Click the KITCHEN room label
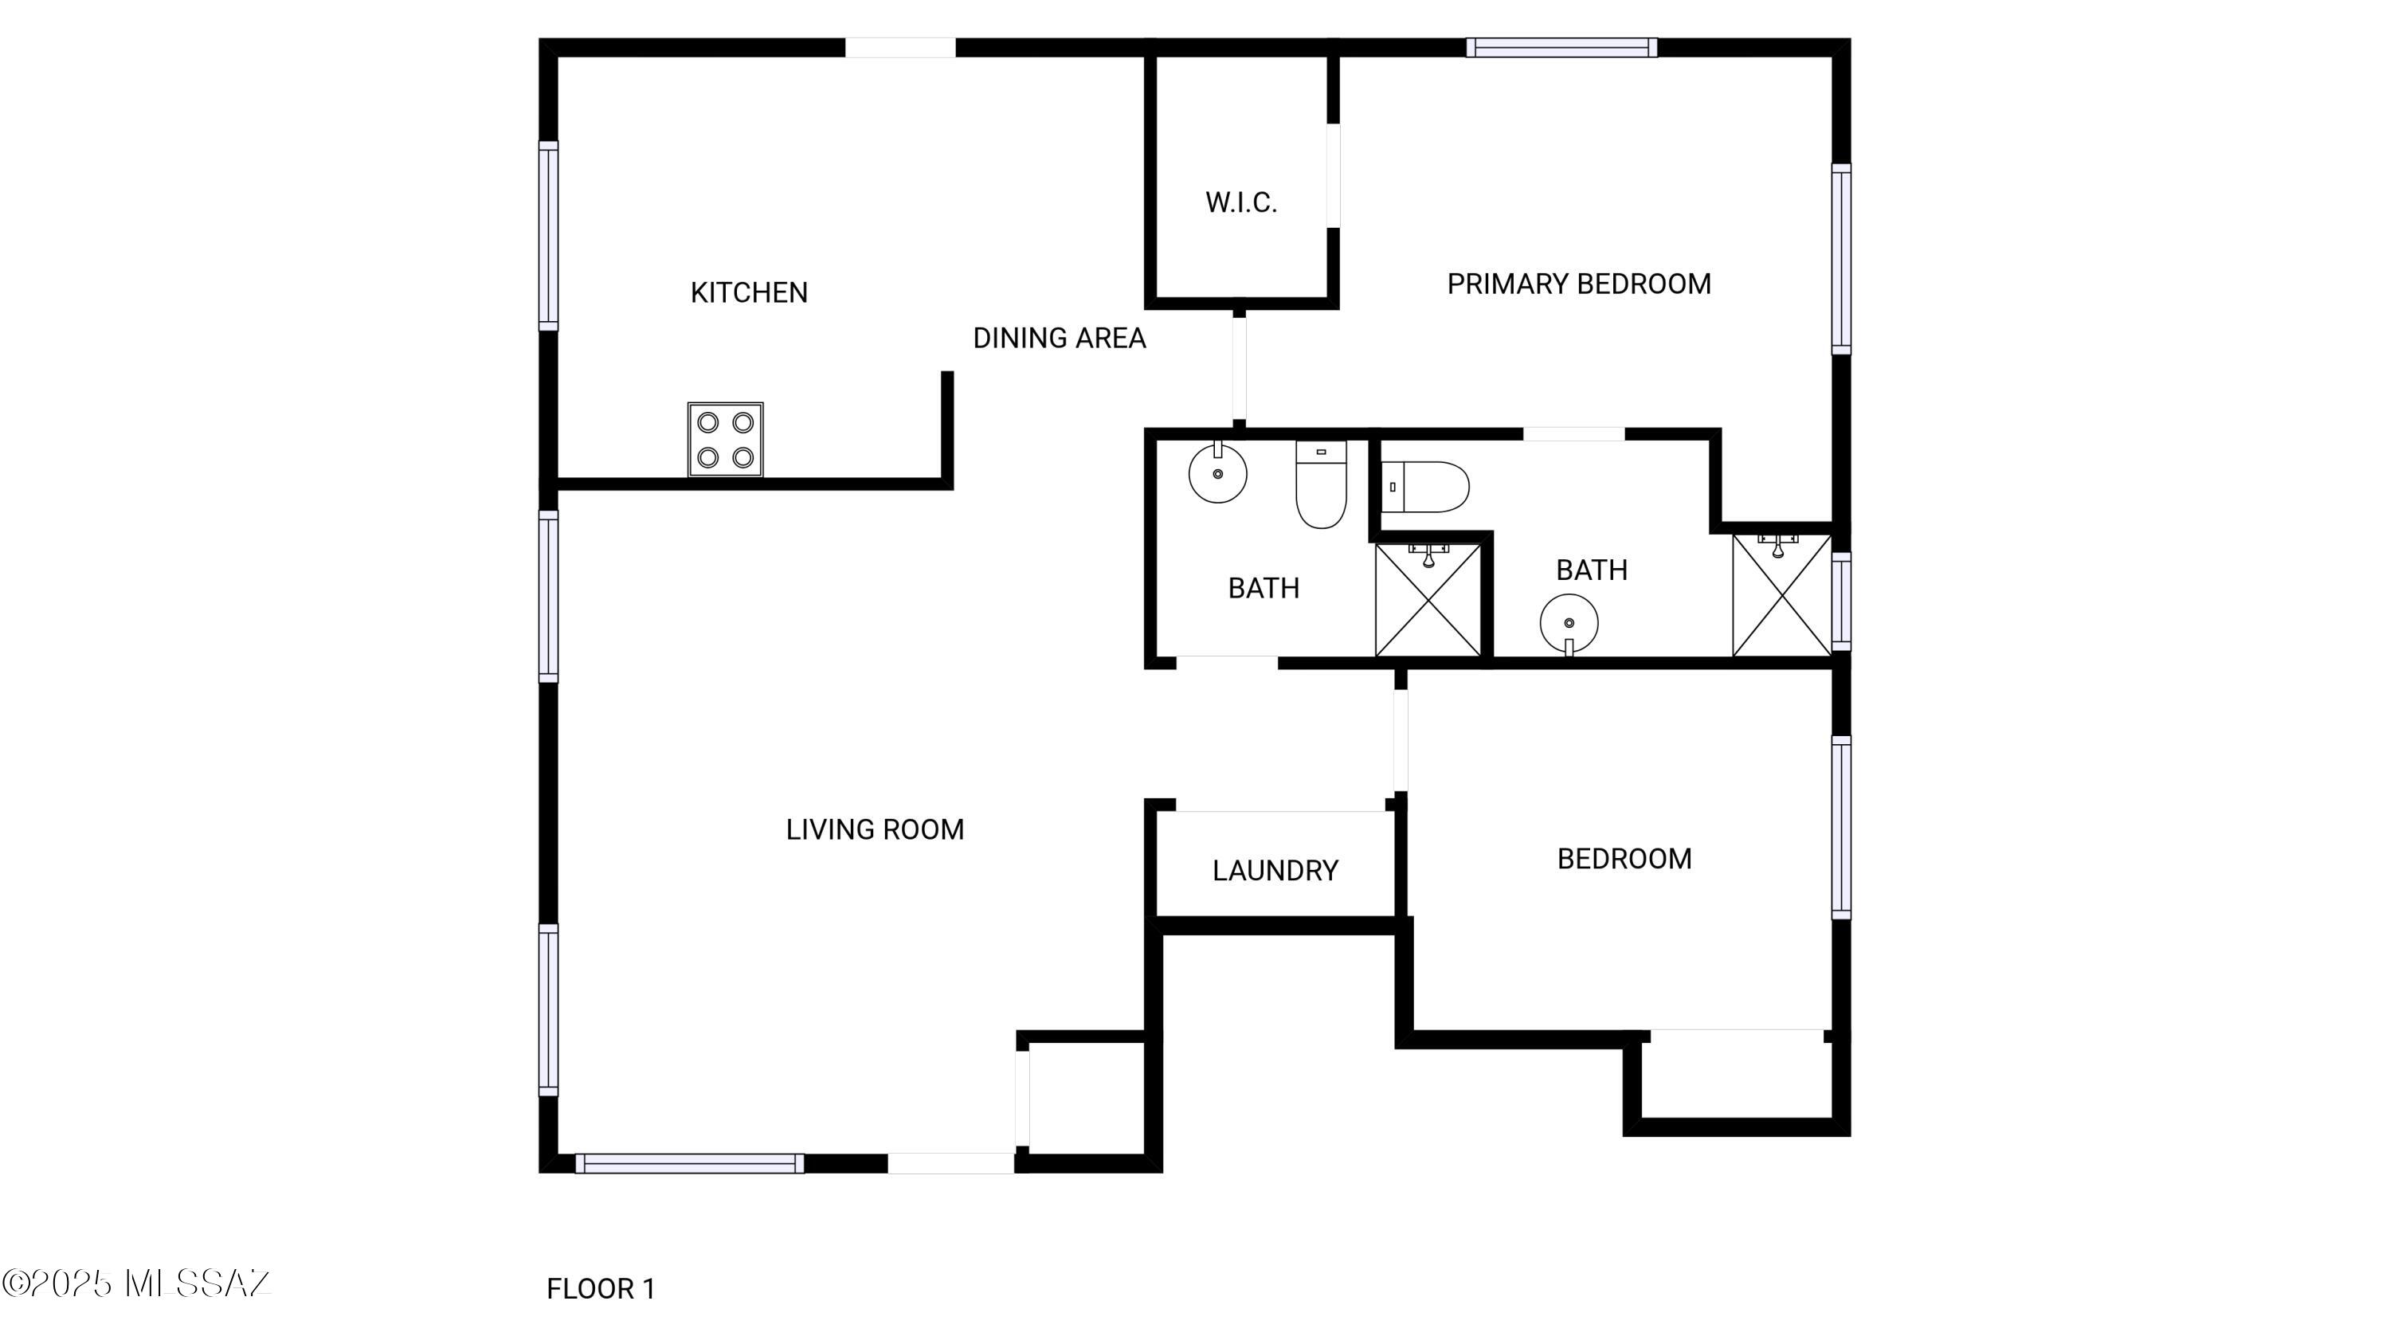click(749, 293)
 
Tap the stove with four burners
click(726, 440)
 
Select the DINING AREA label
click(1059, 339)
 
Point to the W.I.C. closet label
click(1241, 203)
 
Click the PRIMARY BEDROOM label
click(1579, 284)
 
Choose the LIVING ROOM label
click(875, 829)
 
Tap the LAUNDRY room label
click(1275, 870)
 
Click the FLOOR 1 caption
click(600, 1288)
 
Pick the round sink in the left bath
click(1217, 472)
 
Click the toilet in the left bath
click(1321, 484)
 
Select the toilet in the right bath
click(1425, 487)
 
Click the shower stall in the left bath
click(1428, 600)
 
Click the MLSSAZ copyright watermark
click(136, 1283)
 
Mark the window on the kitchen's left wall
click(548, 236)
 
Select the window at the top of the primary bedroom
click(1561, 47)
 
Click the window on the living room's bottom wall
click(689, 1163)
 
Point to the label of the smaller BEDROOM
click(1624, 859)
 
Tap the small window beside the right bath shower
click(1842, 601)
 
